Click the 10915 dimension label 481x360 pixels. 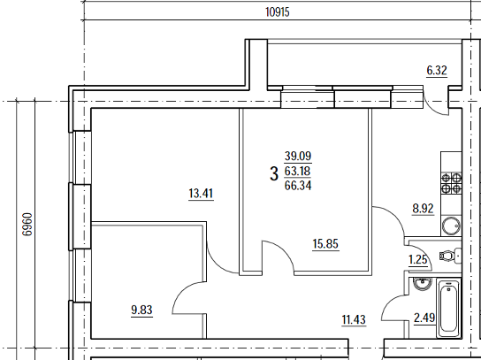[x=278, y=12]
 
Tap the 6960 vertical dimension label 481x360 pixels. [x=27, y=225]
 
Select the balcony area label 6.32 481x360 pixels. [x=437, y=70]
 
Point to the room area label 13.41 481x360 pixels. [x=201, y=194]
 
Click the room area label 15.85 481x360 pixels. [x=325, y=244]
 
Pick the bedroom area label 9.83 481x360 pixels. [x=141, y=310]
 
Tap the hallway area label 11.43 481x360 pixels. [x=354, y=320]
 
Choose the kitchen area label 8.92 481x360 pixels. [x=423, y=209]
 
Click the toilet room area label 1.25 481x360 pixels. [x=418, y=260]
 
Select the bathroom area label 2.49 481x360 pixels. [x=424, y=318]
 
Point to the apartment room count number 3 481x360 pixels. [x=274, y=173]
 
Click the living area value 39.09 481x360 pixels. [x=298, y=156]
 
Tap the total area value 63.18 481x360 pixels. [x=298, y=171]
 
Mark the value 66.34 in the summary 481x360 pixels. [x=298, y=186]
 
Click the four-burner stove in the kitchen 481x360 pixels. [x=451, y=183]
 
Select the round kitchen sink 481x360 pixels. [x=451, y=226]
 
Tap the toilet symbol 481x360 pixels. [x=450, y=256]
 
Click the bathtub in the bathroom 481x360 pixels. [x=448, y=309]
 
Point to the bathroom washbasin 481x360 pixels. [x=423, y=284]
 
